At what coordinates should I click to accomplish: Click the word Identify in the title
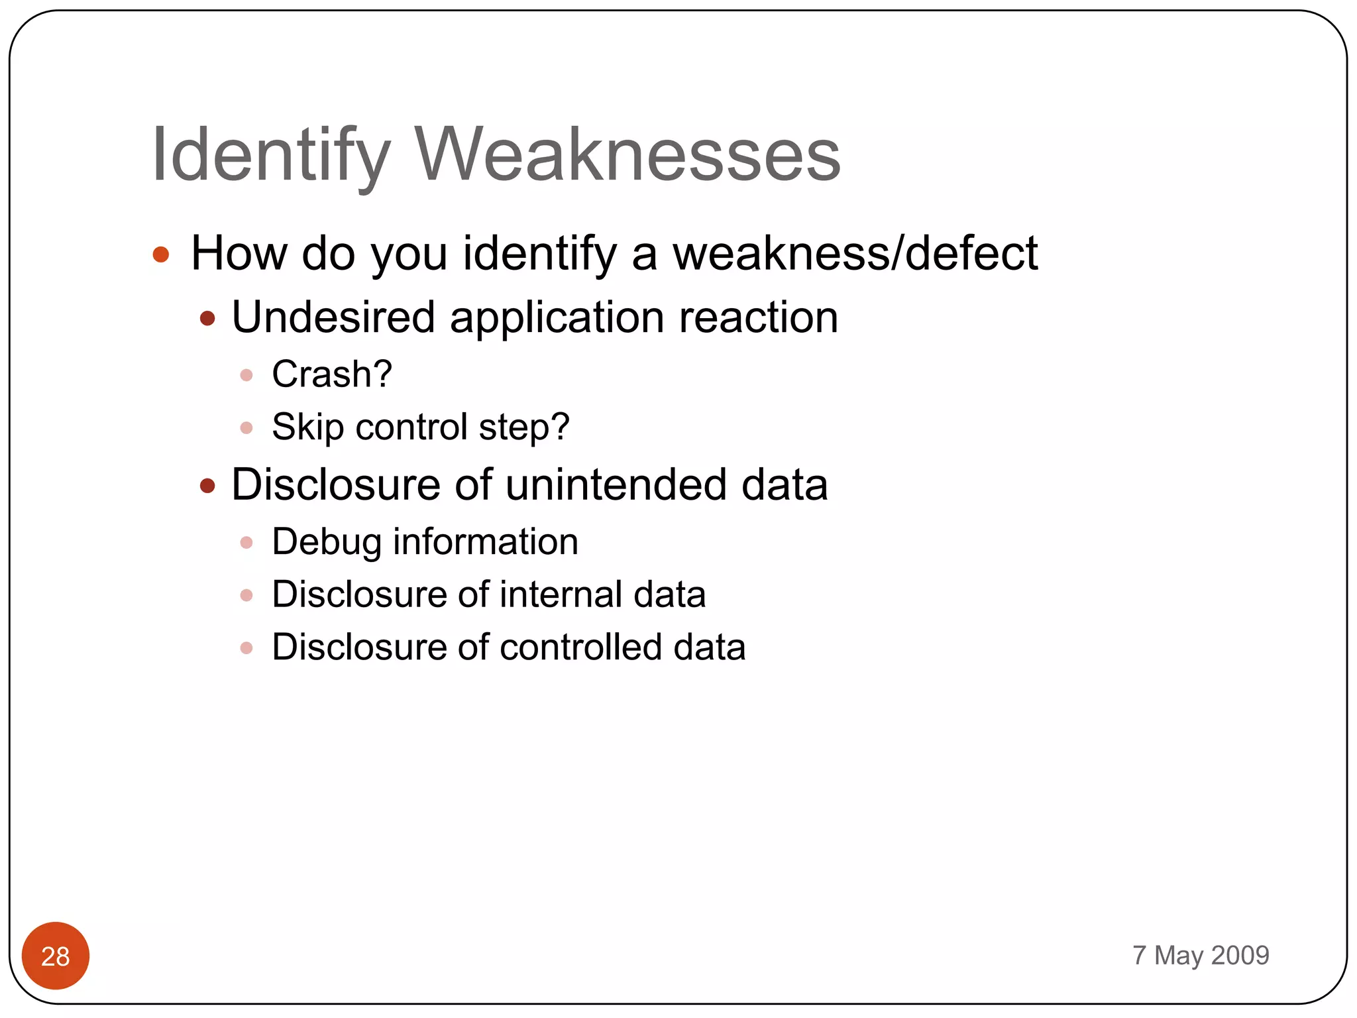click(270, 155)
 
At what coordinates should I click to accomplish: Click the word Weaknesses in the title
click(627, 155)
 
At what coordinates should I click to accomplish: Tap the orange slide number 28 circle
click(56, 956)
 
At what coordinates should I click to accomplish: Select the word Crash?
click(332, 374)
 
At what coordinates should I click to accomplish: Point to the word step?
click(524, 427)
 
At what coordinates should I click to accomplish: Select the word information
click(486, 541)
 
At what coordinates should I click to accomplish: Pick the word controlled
click(580, 647)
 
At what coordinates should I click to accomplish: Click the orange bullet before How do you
click(161, 254)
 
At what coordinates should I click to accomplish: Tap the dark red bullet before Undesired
click(207, 319)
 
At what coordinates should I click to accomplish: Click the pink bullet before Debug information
click(246, 543)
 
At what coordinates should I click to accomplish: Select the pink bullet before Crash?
click(246, 375)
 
